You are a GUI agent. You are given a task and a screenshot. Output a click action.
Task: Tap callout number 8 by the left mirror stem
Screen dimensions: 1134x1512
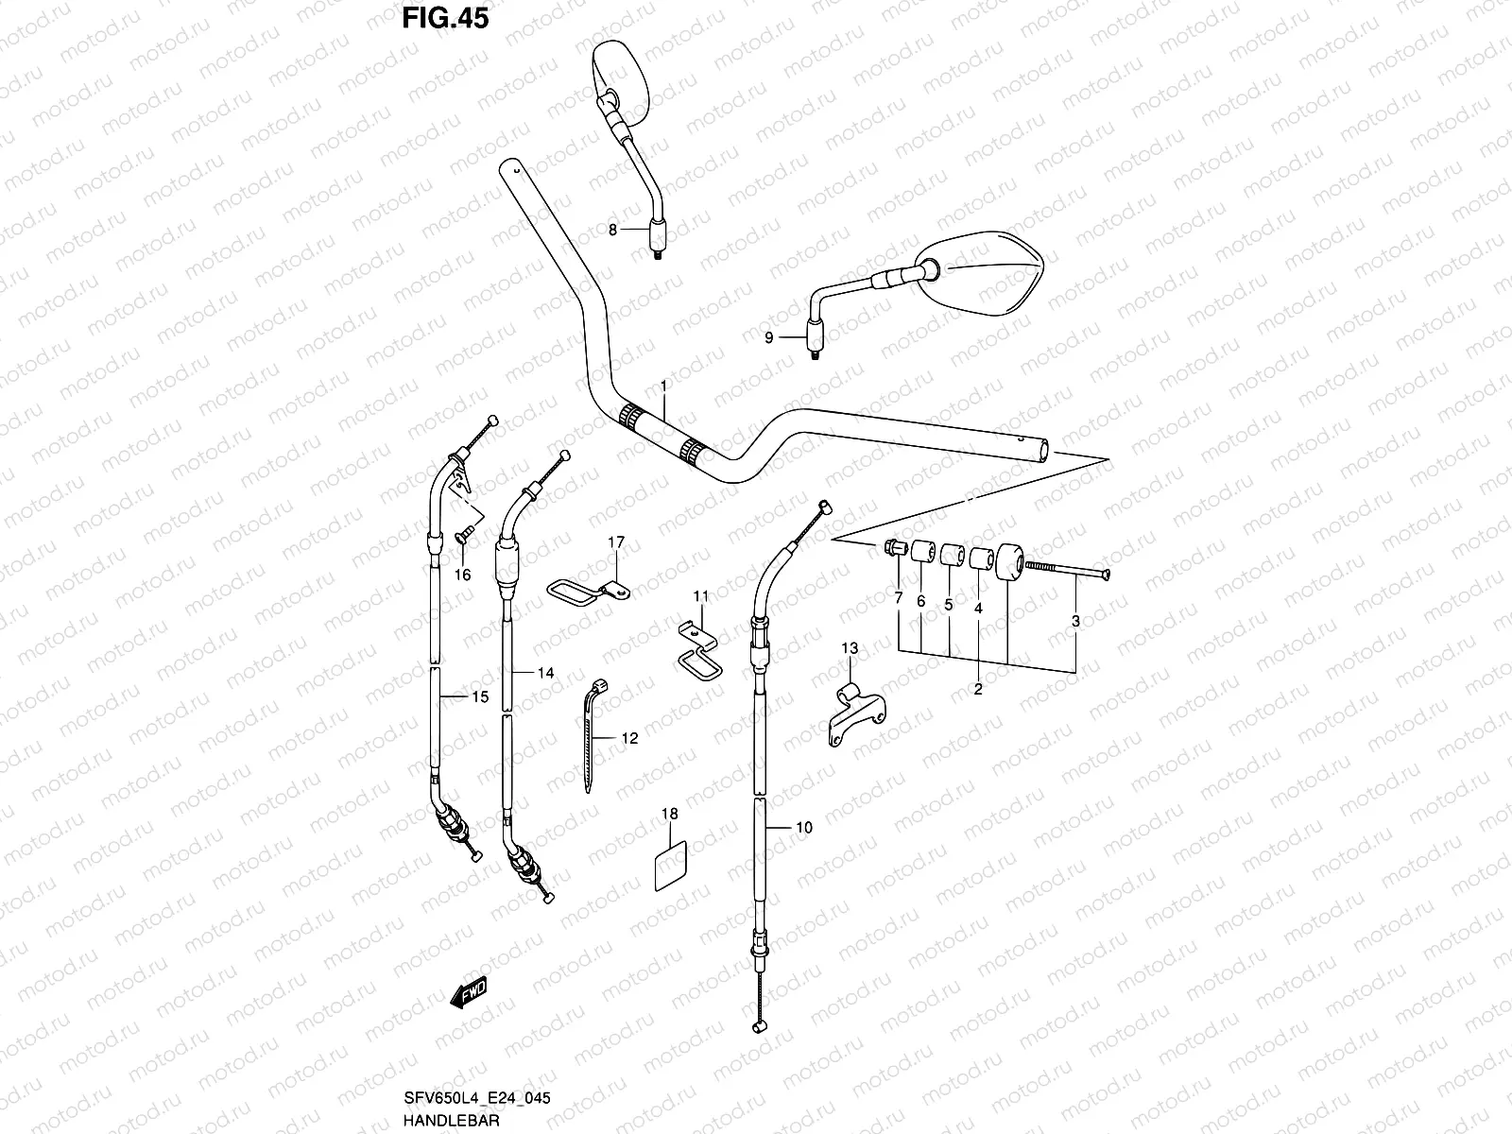click(612, 230)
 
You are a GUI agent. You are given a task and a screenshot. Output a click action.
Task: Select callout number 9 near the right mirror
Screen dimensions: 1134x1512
click(768, 337)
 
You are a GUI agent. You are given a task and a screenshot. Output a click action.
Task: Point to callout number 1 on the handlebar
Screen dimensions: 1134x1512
click(663, 386)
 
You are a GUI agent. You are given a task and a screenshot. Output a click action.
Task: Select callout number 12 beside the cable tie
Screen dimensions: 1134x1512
click(629, 738)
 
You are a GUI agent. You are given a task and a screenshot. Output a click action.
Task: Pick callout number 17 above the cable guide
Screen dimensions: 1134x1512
click(616, 542)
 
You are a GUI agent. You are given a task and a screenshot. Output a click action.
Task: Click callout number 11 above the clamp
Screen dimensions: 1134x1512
click(700, 596)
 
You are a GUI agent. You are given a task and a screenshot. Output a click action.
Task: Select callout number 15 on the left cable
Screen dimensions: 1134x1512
click(480, 697)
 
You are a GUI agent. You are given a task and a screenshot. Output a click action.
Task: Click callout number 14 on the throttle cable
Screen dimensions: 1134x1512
click(546, 673)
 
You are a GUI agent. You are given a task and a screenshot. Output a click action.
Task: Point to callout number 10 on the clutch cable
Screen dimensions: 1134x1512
click(803, 828)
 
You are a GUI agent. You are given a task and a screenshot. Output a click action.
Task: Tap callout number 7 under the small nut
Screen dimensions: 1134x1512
click(898, 598)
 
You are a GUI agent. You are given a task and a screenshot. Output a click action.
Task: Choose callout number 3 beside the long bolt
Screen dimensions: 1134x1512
click(1075, 621)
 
